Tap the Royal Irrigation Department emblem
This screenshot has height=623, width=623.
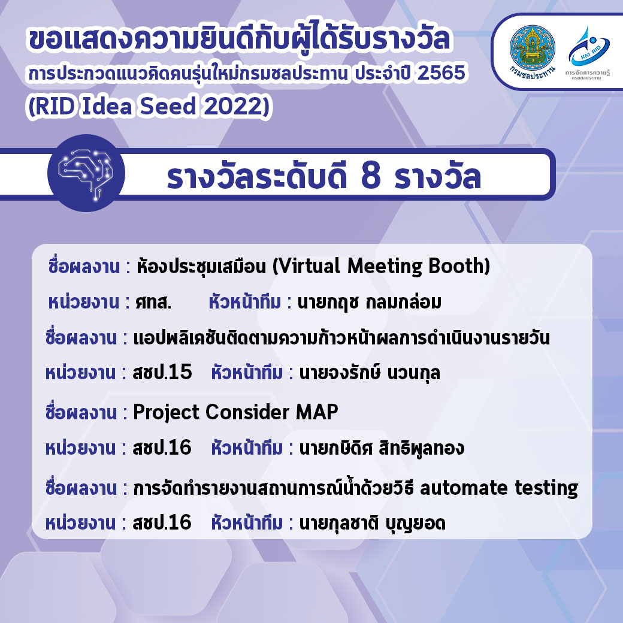(533, 49)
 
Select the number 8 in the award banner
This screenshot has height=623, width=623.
(371, 176)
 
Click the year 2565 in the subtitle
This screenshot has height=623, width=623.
(441, 73)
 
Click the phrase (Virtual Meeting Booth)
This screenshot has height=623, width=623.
(381, 266)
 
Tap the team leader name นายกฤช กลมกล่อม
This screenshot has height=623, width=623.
(370, 303)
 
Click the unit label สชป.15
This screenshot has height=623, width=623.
(162, 372)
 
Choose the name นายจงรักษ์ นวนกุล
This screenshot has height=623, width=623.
(370, 372)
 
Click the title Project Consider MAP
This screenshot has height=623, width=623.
(235, 412)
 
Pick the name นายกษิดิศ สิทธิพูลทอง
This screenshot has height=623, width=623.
(382, 448)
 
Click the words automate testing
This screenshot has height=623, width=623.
(498, 488)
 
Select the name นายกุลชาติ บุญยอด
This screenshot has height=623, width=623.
(372, 523)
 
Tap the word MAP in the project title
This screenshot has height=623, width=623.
(317, 412)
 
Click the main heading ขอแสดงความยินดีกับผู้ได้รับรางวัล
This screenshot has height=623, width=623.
(240, 39)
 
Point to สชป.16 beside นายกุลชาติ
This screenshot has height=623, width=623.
(162, 522)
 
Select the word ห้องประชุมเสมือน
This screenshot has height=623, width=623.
(201, 266)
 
